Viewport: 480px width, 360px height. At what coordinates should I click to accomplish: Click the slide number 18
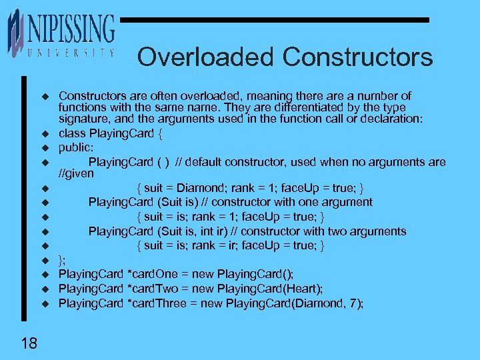29,343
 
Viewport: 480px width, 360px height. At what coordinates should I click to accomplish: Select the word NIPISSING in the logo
71,29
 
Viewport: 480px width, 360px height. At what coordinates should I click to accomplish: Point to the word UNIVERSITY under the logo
70,53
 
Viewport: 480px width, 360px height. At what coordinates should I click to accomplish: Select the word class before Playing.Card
72,133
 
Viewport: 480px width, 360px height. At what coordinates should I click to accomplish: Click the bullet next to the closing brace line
46,261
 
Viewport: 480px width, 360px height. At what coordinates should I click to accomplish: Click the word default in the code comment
205,162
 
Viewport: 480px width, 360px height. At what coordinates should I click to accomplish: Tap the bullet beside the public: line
46,148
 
